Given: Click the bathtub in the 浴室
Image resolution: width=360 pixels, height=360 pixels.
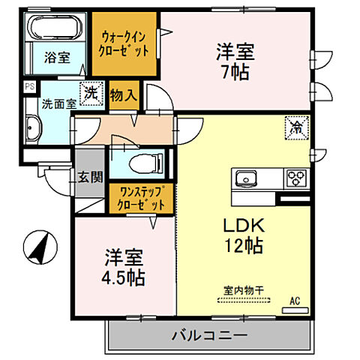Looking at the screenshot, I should coord(57,28).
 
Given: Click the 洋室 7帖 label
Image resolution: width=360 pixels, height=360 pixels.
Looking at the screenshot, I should coord(235,62).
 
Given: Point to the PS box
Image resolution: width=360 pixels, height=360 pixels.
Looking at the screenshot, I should coord(29,87).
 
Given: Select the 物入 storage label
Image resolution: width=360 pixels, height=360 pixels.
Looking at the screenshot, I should coord(124,94).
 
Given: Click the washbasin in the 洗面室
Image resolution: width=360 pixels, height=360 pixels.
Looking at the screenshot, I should coord(31,128).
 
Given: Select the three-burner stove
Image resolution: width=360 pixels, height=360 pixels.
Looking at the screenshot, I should coord(294,178).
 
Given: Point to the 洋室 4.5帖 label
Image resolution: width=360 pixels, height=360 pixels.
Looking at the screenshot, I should coord(124,266).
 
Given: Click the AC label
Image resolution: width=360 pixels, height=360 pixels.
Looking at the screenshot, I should coord(295,301).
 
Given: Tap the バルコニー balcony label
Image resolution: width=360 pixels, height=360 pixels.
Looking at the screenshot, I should coord(209,334).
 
